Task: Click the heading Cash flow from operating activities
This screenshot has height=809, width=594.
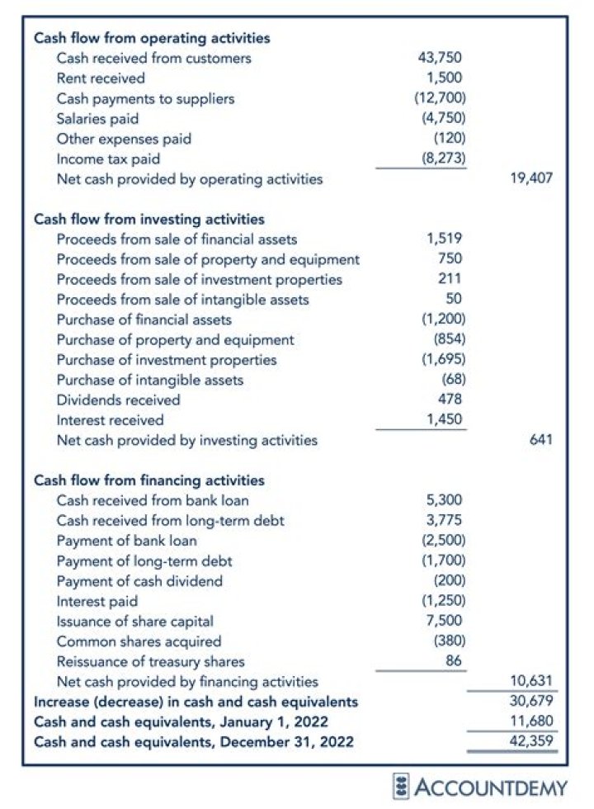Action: click(x=151, y=38)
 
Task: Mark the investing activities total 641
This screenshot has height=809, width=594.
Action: click(x=540, y=441)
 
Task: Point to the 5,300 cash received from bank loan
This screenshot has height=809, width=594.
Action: click(x=444, y=500)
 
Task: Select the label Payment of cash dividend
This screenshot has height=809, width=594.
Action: click(x=139, y=581)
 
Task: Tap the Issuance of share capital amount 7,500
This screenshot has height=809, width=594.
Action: click(x=444, y=622)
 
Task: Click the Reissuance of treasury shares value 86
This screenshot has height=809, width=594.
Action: click(x=453, y=662)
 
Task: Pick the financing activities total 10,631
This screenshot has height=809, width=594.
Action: click(x=531, y=682)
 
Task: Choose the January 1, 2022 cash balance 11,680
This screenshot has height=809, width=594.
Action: click(x=531, y=722)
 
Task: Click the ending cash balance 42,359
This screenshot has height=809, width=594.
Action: click(x=531, y=742)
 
